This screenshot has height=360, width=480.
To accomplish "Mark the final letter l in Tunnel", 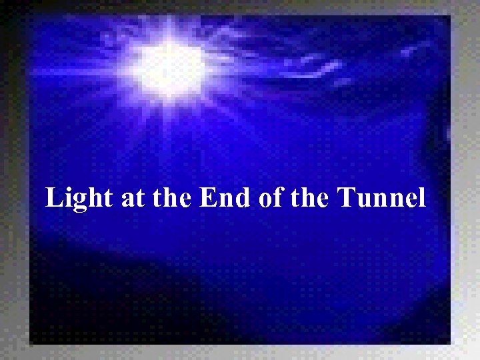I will point(421,197).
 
